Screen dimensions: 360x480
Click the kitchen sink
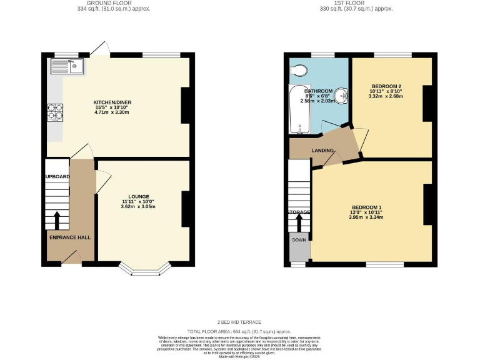68,64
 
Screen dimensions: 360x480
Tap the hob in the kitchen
54,111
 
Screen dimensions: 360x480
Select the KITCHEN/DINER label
112,102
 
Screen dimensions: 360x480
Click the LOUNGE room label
138,196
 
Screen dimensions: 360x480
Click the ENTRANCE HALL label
70,237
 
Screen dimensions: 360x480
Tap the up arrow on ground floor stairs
57,220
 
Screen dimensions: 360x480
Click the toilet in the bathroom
298,70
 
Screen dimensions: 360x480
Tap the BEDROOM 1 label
366,207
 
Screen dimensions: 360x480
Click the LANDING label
322,150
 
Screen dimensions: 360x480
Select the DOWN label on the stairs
299,239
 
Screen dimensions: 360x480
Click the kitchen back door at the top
99,51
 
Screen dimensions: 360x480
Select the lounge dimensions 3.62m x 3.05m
138,207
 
